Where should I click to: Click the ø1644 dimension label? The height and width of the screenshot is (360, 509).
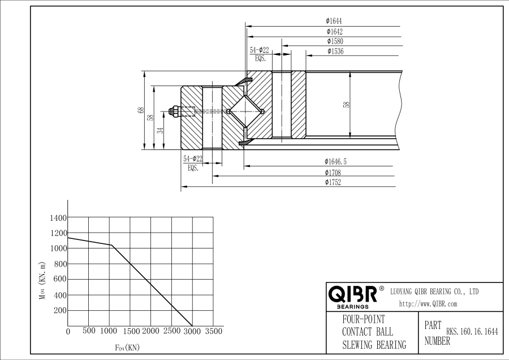tap(334, 22)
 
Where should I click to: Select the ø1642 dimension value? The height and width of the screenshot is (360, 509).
tap(334, 32)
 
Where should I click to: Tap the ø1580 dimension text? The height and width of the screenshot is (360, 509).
tap(335, 41)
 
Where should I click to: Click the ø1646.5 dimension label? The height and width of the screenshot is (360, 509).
tap(335, 162)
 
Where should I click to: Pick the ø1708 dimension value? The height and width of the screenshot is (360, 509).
tap(333, 172)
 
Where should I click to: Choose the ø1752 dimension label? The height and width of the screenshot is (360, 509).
tap(333, 182)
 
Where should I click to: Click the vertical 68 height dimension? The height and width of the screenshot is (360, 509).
tap(140, 111)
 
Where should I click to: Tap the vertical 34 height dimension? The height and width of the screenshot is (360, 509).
tap(160, 130)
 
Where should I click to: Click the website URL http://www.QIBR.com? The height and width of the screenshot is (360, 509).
tap(428, 304)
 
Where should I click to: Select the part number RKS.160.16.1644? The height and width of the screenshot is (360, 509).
tap(472, 332)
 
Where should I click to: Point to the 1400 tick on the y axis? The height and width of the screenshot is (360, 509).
tap(58, 218)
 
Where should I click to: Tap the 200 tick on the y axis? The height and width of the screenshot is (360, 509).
tap(60, 311)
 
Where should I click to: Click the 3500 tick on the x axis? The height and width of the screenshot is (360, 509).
tap(213, 331)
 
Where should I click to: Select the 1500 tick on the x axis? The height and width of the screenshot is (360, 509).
tap(131, 331)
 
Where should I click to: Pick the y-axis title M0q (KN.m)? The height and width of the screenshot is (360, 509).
tap(42, 281)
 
